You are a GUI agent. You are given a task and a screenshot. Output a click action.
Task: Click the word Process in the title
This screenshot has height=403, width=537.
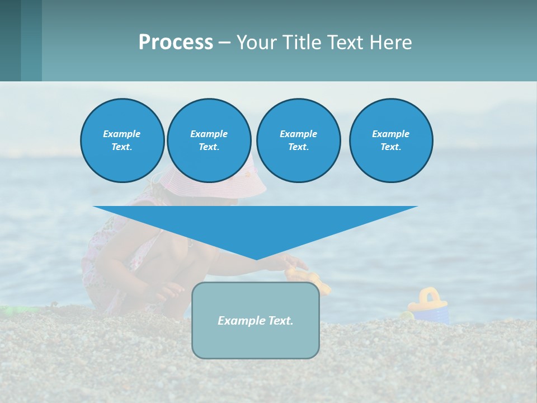click(x=176, y=43)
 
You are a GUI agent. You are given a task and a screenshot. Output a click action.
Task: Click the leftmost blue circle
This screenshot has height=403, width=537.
click(x=123, y=140)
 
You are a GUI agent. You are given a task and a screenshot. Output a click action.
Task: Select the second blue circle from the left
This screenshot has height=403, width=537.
click(x=209, y=140)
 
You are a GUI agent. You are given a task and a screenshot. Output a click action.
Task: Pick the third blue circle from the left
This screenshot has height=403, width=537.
click(x=298, y=140)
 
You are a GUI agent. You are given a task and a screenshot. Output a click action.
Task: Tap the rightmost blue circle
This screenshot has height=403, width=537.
click(x=391, y=140)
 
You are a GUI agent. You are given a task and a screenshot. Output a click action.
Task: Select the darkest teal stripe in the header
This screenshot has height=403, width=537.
click(x=10, y=40)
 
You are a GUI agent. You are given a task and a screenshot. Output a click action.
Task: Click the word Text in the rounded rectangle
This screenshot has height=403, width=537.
click(x=281, y=321)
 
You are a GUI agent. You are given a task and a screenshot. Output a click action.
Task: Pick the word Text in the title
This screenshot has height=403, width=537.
click(x=344, y=43)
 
